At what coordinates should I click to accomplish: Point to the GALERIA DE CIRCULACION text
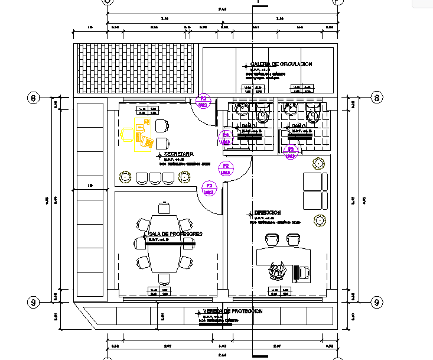pos(281,64)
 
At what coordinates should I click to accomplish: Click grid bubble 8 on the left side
pos(34,98)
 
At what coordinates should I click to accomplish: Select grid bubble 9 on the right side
pos(377,302)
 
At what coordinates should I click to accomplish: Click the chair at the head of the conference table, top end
pos(164,208)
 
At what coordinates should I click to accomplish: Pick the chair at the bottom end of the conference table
pos(164,278)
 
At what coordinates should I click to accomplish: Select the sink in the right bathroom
pos(291,109)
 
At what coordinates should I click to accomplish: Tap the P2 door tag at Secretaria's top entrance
pos(203,101)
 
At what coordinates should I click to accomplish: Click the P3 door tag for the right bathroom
pos(291,152)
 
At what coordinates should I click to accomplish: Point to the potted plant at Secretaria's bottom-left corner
pos(125,176)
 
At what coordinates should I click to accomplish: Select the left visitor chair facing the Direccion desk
pos(272,238)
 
